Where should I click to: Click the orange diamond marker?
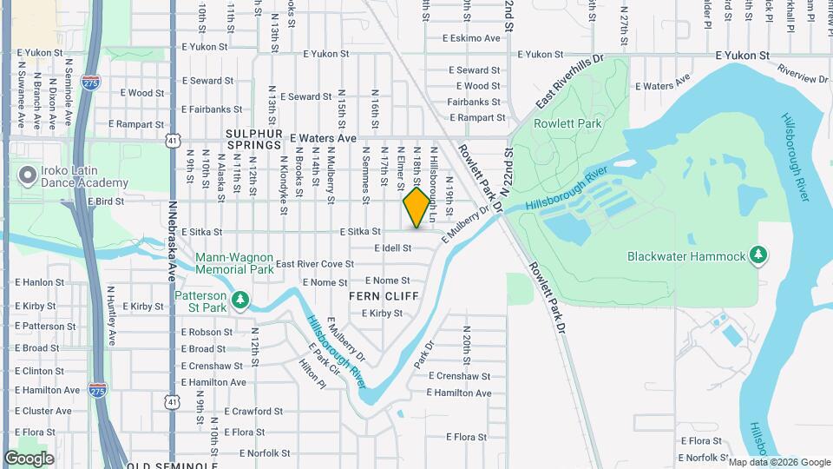pyautogui.click(x=416, y=208)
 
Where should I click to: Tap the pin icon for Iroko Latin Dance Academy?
pyautogui.click(x=27, y=176)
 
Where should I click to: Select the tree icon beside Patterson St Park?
pyautogui.click(x=240, y=301)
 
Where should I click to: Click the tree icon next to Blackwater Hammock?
pyautogui.click(x=760, y=255)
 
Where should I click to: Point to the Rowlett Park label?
pyautogui.click(x=555, y=124)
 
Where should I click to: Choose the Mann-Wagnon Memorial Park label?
pyautogui.click(x=234, y=263)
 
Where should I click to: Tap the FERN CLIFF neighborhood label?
pyautogui.click(x=384, y=296)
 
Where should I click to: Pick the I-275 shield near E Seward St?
pyautogui.click(x=90, y=81)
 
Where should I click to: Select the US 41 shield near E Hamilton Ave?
pyautogui.click(x=173, y=401)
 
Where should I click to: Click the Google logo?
pyautogui.click(x=29, y=459)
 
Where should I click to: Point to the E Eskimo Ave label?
pyautogui.click(x=471, y=38)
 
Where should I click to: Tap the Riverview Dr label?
pyautogui.click(x=803, y=73)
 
